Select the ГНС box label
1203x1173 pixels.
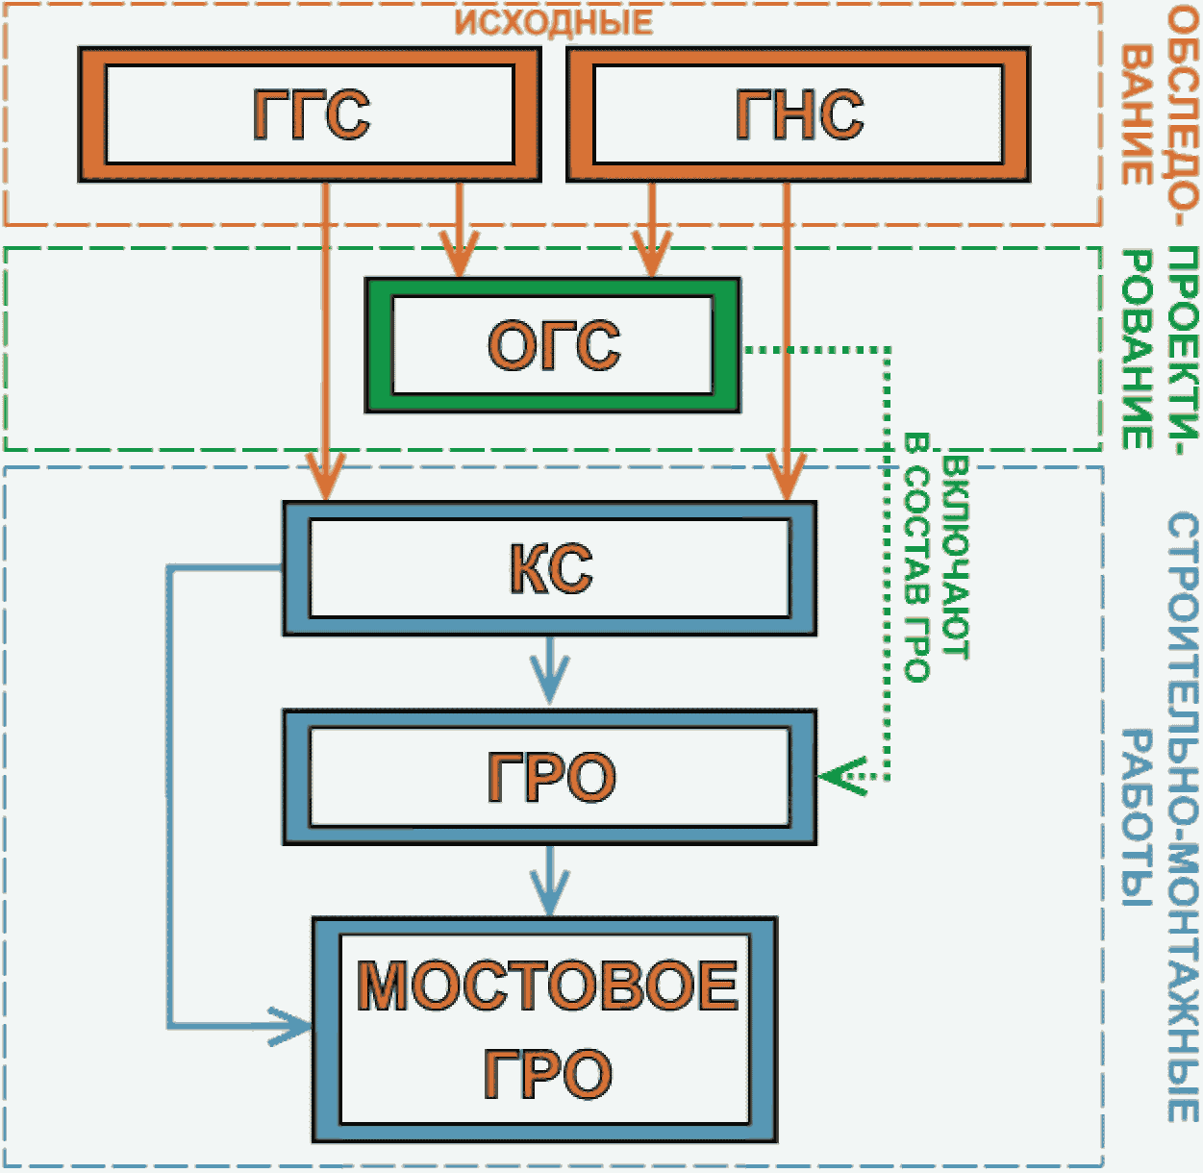(799, 114)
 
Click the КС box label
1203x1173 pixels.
(550, 568)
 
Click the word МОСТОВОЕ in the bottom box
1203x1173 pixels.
(547, 985)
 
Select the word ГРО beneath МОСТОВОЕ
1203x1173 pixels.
(548, 1074)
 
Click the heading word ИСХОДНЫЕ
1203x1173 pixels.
(554, 22)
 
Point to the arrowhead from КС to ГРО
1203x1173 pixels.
(550, 682)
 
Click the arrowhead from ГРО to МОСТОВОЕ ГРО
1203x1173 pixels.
(550, 892)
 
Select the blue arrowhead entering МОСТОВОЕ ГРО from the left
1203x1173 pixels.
(290, 1027)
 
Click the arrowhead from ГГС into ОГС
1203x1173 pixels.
(459, 254)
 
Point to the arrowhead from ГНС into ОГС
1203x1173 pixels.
(651, 254)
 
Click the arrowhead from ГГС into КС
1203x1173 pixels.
(326, 477)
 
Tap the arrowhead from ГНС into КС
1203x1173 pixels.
(787, 477)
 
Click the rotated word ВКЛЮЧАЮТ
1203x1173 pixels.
(955, 558)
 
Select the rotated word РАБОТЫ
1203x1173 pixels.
(1137, 817)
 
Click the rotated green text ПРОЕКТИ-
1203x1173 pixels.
(1183, 351)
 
